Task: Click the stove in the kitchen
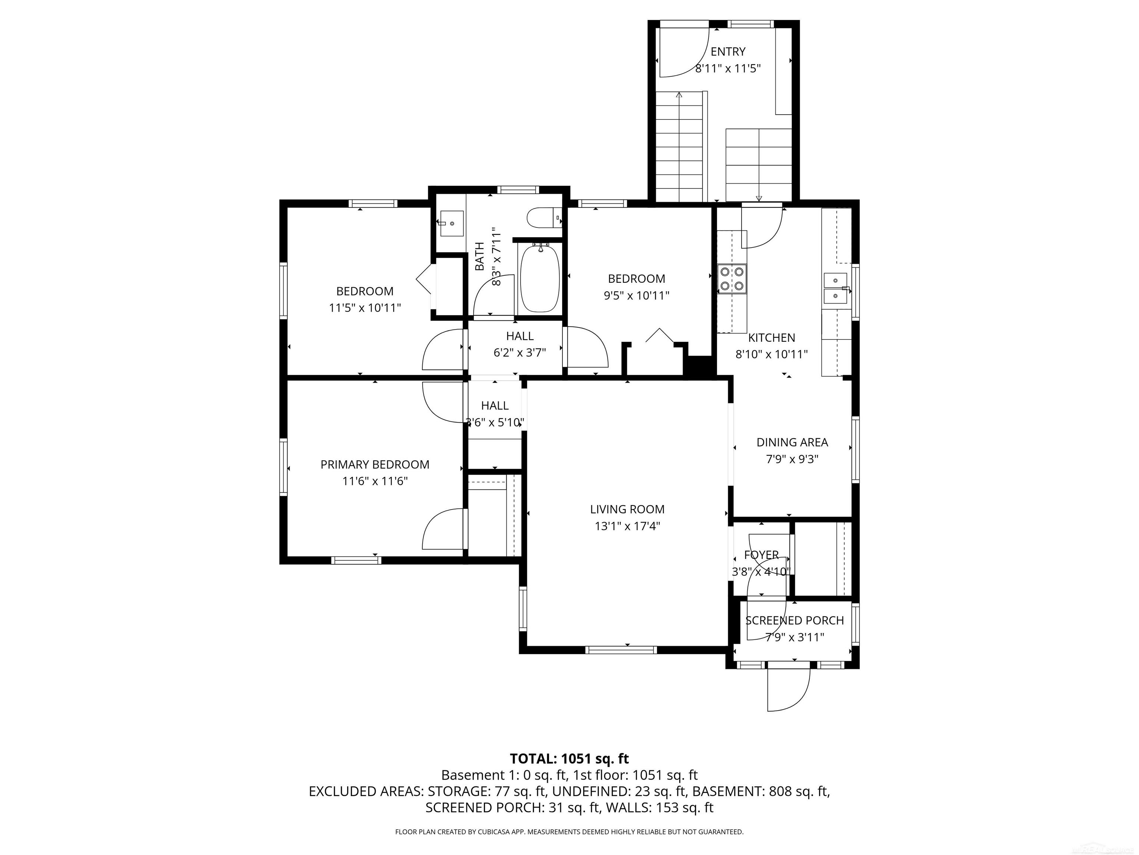coord(732,278)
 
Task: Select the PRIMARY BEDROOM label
coord(375,464)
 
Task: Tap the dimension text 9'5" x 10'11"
coord(637,295)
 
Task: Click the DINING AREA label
coord(792,442)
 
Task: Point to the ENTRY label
coord(727,52)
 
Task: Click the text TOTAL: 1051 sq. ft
coord(569,759)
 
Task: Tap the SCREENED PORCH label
coord(795,620)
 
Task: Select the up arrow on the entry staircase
coord(679,95)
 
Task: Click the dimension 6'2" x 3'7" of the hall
coord(519,353)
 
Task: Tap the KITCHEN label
coord(771,338)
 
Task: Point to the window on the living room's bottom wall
coord(621,650)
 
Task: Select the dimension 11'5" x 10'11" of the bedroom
coord(364,308)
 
